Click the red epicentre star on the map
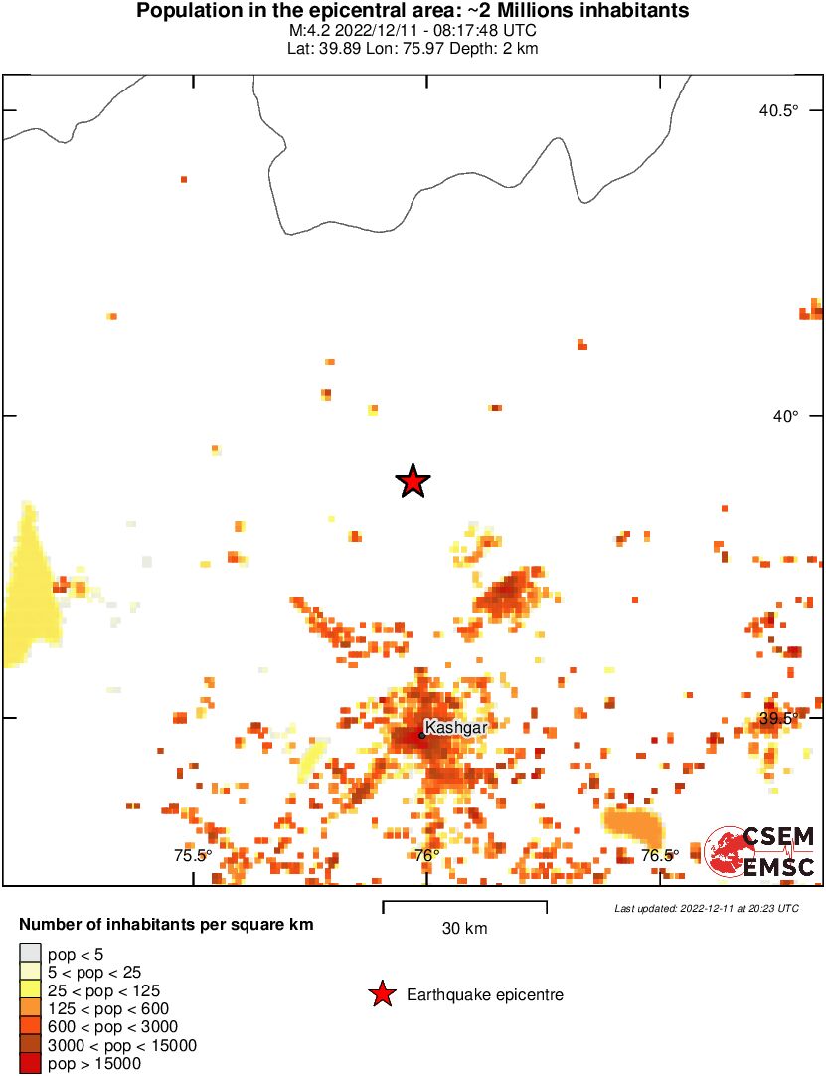point(413,481)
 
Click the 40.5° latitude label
point(778,110)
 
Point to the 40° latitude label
point(785,416)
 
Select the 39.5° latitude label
point(778,718)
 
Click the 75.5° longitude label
point(193,855)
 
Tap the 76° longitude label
point(426,855)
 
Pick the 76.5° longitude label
point(660,855)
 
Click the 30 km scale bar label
point(464,929)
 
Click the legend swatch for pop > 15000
point(30,1063)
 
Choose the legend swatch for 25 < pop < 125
point(30,990)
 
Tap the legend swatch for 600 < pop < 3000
point(30,1026)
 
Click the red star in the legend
point(381,994)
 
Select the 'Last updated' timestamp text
point(706,908)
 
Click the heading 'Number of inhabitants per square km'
point(166,925)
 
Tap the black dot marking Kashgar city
point(421,736)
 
